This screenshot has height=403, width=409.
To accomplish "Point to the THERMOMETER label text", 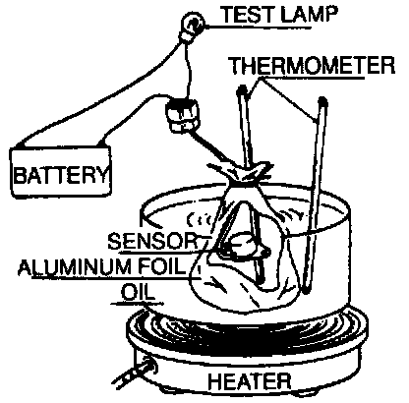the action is click(312, 66).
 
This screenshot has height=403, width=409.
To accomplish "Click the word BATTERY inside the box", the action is click(61, 174).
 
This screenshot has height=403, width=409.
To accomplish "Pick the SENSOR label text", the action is click(153, 241).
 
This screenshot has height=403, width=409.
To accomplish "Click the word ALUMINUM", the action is click(73, 267).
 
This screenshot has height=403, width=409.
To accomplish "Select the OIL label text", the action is click(138, 291).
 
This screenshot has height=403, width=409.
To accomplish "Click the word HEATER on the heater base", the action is click(250, 381).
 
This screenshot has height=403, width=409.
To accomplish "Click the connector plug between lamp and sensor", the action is click(183, 115).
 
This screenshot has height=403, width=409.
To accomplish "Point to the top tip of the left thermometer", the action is click(242, 88).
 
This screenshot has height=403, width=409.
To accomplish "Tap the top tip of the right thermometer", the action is click(322, 100).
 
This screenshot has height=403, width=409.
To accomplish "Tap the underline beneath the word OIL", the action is click(137, 304).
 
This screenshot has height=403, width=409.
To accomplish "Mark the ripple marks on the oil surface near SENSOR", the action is click(200, 219).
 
